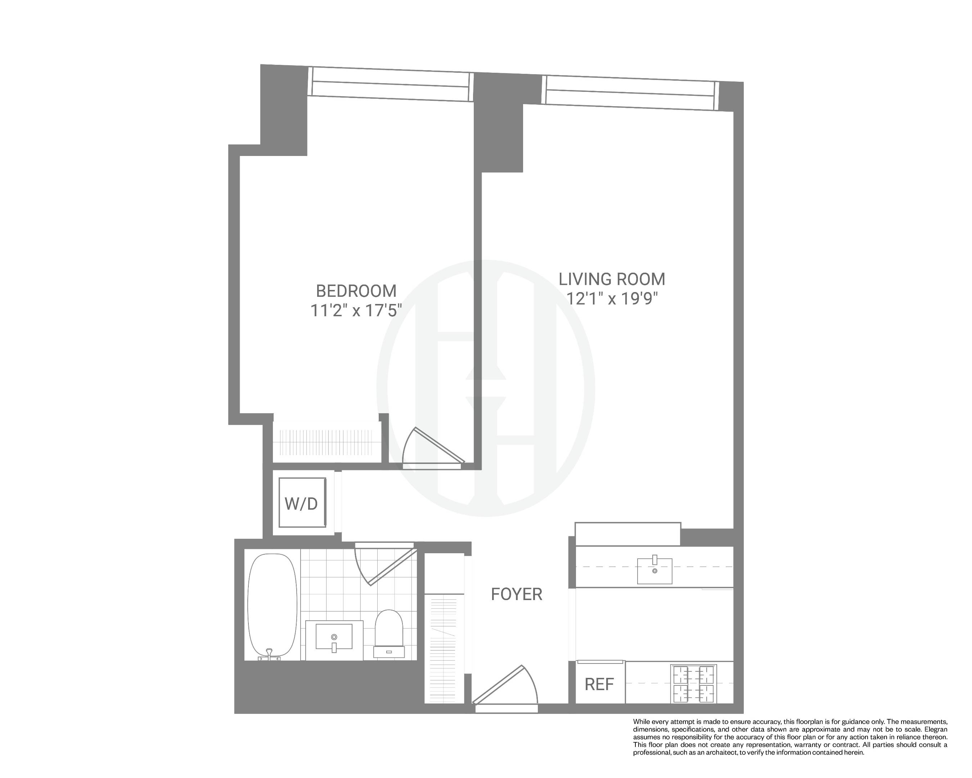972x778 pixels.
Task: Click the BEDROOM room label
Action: [x=356, y=291]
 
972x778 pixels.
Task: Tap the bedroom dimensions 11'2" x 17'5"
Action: [x=356, y=311]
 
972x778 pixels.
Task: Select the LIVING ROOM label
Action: [x=612, y=279]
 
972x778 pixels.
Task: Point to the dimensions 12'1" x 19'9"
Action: [x=612, y=299]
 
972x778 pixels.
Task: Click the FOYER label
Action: [x=516, y=594]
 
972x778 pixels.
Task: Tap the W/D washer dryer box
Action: [x=302, y=503]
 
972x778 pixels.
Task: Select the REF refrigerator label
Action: [x=599, y=684]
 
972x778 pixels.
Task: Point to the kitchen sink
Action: [x=654, y=571]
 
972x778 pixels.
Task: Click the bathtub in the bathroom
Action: [x=272, y=605]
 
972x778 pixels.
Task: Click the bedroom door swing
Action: [x=431, y=449]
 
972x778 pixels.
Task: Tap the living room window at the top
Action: [x=630, y=93]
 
